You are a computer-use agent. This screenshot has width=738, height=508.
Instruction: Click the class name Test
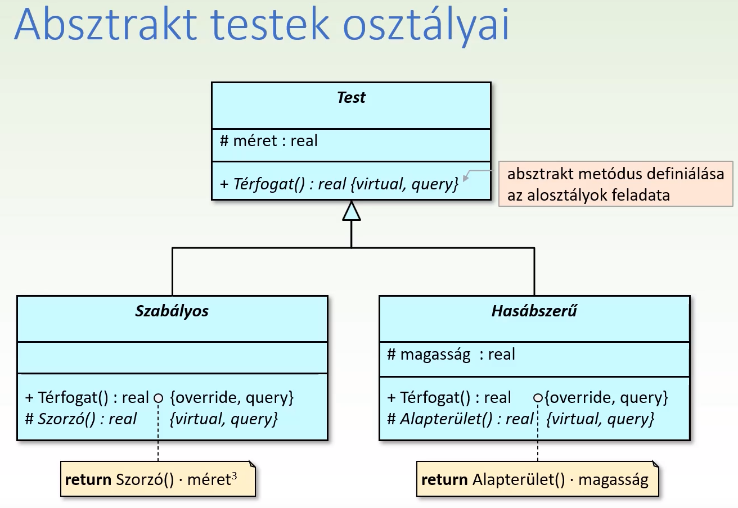point(351,98)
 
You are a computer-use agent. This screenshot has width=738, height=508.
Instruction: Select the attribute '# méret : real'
point(268,141)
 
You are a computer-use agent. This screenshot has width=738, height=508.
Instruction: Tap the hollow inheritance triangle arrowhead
point(351,211)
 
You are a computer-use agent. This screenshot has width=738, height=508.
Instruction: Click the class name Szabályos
point(172,311)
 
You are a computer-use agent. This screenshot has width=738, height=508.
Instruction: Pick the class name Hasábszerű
point(534,311)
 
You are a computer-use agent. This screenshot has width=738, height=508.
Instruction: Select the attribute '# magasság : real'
point(451,355)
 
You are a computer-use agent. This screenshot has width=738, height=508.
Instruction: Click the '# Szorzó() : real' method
point(81,419)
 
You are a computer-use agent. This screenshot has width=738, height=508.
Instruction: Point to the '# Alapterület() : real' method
point(460,419)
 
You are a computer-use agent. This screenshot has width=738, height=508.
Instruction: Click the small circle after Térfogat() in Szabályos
point(158,398)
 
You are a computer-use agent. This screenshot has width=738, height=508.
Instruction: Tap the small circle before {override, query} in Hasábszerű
point(538,398)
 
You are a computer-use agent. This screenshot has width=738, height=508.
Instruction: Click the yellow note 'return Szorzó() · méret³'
point(157,480)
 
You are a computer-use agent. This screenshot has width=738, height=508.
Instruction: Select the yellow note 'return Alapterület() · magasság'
point(537,480)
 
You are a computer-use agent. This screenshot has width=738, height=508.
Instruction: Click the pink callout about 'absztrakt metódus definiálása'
point(615,184)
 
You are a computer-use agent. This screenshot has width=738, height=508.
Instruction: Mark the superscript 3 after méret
point(234,475)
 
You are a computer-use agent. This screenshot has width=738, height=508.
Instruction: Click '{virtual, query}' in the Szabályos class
point(224,419)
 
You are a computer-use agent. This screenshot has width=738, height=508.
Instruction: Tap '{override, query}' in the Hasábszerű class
point(606,398)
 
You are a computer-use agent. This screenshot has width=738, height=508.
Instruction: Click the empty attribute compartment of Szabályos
point(172,357)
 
